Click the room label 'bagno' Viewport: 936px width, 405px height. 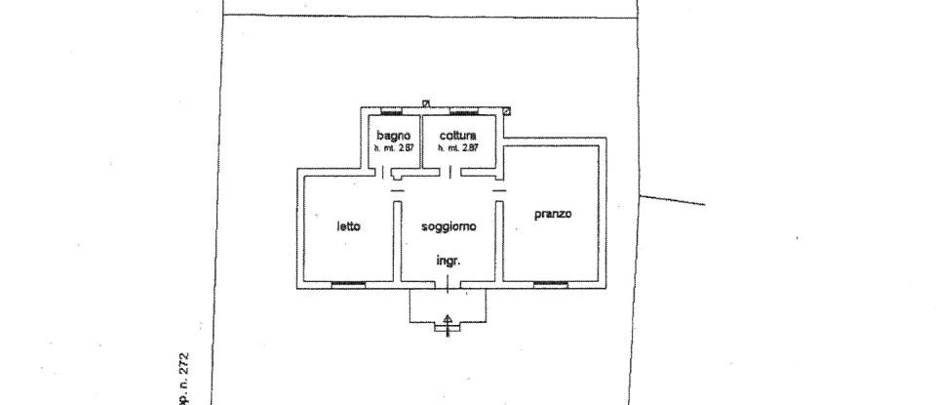(393, 135)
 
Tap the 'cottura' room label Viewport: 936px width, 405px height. (457, 135)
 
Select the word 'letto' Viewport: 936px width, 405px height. (349, 226)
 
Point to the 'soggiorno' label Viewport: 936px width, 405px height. (448, 226)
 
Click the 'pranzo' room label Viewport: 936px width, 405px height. (552, 214)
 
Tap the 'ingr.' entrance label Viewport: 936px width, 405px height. (448, 261)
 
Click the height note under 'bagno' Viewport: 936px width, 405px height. (393, 147)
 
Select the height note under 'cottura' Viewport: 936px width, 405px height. (457, 147)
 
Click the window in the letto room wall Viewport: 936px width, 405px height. (348, 284)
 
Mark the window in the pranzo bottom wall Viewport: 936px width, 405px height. (551, 284)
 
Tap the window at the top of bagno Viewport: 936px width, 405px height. (392, 109)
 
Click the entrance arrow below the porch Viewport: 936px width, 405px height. (448, 323)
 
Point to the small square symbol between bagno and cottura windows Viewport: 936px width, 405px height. (426, 103)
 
